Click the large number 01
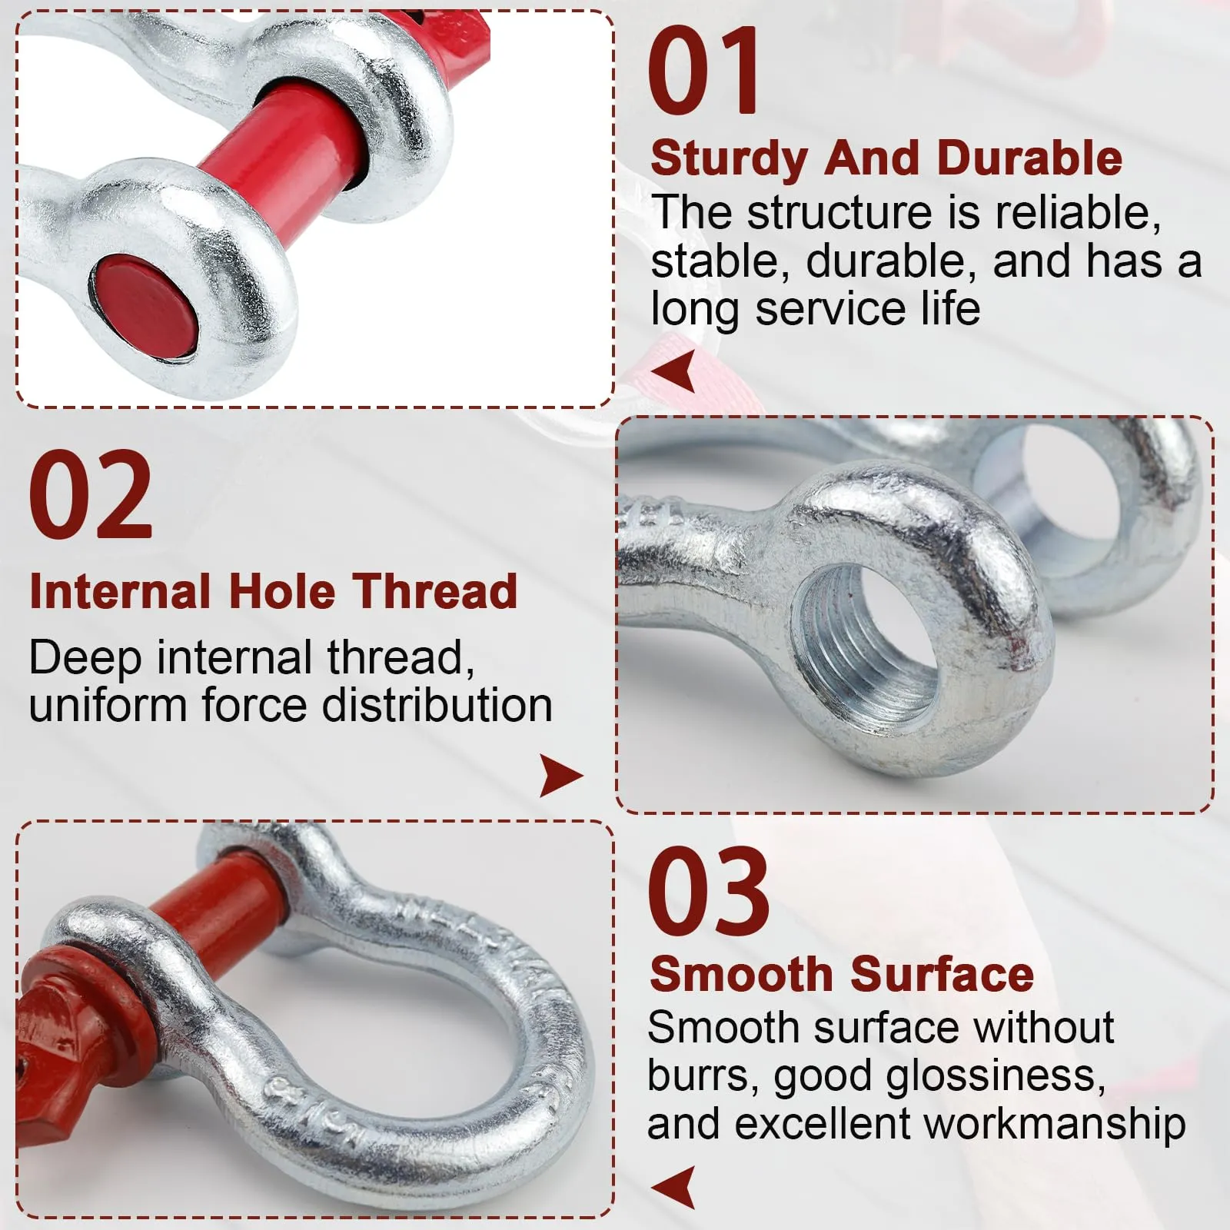coord(703,71)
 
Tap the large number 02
coord(91,495)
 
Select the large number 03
coord(708,890)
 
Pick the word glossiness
coord(996,1076)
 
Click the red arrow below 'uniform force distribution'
coord(561,776)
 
